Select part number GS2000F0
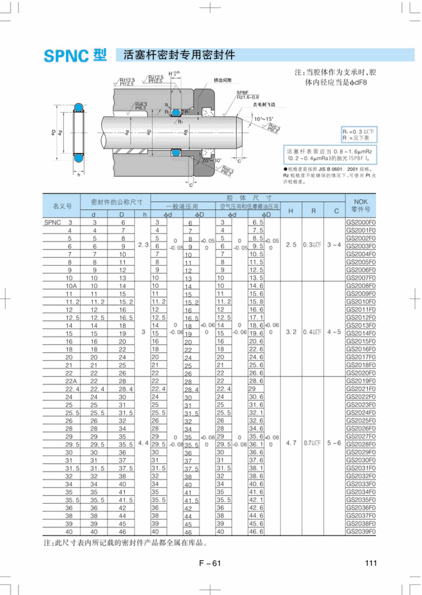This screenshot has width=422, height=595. point(361,223)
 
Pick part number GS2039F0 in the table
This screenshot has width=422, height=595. point(361,531)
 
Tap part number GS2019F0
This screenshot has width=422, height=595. point(361,380)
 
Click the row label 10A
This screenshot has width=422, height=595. point(71,286)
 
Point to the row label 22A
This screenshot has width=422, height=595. point(71,380)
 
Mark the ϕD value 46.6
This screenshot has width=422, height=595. point(256,531)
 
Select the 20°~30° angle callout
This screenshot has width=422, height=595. point(211,160)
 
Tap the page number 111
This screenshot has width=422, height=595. point(371,562)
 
